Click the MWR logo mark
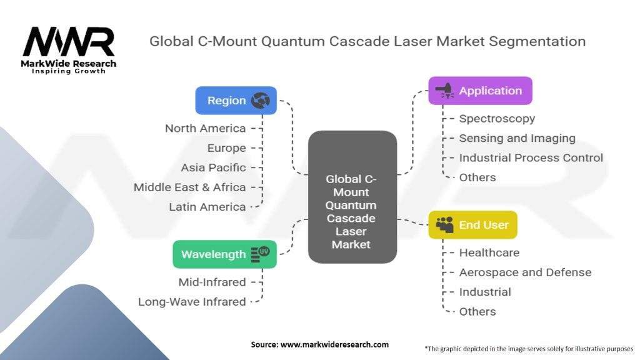tap(69, 42)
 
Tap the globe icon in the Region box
tap(261, 101)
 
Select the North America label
tap(205, 128)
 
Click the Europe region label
tap(226, 147)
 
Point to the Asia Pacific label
tap(214, 167)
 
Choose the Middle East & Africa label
tap(190, 187)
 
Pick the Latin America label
tap(207, 207)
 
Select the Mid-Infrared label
tap(212, 282)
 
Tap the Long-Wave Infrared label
tap(192, 302)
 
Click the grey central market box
tap(352, 197)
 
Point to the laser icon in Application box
tap(445, 91)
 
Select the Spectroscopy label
tap(497, 119)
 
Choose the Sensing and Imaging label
tap(517, 138)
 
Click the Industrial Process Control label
tap(531, 158)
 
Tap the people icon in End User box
tap(445, 225)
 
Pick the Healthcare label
tap(489, 252)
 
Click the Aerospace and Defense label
tap(525, 272)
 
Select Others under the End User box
tap(477, 311)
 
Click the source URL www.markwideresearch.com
tap(335, 344)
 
